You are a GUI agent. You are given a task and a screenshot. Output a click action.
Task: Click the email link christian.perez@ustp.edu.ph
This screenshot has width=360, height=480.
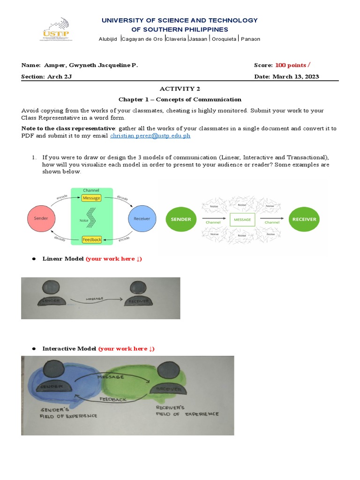pyautogui.click(x=150, y=136)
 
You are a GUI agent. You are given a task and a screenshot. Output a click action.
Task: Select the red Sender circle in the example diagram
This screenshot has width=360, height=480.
pyautogui.click(x=41, y=218)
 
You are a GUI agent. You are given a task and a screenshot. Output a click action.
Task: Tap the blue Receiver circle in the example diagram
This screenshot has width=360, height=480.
pyautogui.click(x=142, y=218)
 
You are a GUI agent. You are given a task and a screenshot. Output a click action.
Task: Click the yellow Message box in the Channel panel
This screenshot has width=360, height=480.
pyautogui.click(x=91, y=198)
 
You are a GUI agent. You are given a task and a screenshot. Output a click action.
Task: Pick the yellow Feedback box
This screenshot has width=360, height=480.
pyautogui.click(x=92, y=240)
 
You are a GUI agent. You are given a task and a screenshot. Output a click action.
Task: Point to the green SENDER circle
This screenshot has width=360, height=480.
pyautogui.click(x=180, y=219)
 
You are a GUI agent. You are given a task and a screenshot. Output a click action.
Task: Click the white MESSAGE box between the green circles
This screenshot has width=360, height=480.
pyautogui.click(x=242, y=219)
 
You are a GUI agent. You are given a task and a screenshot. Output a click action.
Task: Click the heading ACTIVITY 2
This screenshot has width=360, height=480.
pyautogui.click(x=180, y=89)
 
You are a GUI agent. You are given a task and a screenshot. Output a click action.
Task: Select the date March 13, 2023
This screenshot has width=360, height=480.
pyautogui.click(x=296, y=77)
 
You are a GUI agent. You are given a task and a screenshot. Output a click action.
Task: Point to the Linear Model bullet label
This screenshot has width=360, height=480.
pyautogui.click(x=63, y=259)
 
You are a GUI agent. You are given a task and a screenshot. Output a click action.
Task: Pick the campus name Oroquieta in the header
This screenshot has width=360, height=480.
pyautogui.click(x=225, y=39)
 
